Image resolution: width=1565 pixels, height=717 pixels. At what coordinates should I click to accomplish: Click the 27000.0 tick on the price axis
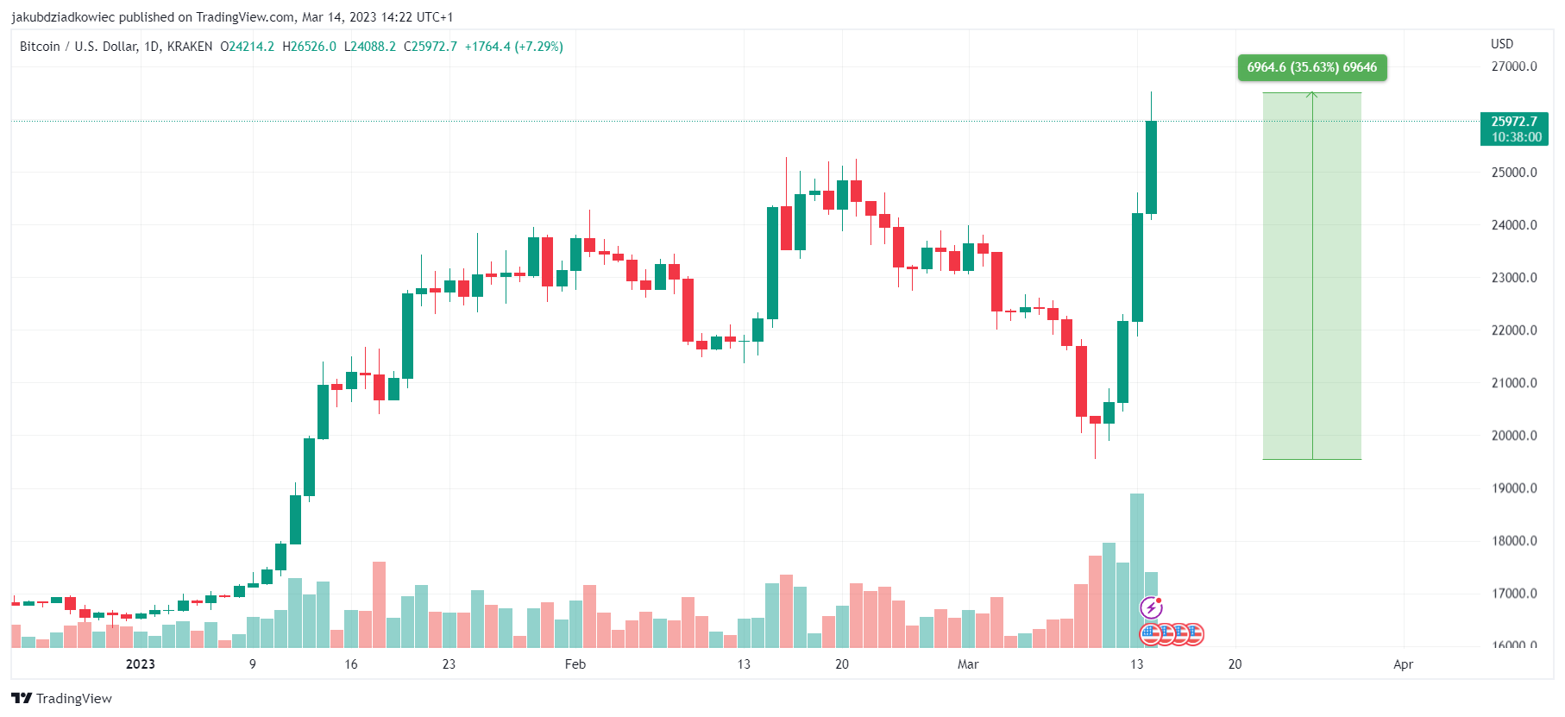1513,66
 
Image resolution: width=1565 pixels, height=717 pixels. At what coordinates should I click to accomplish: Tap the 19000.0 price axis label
1513,488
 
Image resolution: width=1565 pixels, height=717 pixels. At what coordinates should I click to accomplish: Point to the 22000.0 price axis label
1513,330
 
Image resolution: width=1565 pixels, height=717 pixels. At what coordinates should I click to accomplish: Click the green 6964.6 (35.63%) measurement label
1311,67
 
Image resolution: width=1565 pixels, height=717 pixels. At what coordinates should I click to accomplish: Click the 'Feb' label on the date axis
575,664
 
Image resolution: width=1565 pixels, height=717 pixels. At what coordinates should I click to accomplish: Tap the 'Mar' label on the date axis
968,664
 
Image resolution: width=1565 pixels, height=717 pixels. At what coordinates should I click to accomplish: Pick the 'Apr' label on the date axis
1403,664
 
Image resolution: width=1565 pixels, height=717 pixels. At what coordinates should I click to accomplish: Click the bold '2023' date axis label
140,664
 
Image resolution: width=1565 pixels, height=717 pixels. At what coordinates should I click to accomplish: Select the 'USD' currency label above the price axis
1501,44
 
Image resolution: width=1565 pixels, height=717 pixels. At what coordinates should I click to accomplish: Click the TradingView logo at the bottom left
62,698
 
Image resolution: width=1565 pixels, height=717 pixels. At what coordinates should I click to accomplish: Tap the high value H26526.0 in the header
309,47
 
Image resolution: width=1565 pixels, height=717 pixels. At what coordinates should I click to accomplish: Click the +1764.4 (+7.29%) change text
513,47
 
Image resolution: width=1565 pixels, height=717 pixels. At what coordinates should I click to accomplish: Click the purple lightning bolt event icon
1151,607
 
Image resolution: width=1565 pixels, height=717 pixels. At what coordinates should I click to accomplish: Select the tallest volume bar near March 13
1137,569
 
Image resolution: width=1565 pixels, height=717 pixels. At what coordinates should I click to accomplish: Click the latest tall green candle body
1151,167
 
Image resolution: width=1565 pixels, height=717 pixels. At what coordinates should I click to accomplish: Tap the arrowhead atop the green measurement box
1311,94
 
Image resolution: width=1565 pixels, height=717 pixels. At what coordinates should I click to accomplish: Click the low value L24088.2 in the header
370,47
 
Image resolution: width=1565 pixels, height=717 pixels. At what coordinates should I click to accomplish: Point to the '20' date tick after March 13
1235,664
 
